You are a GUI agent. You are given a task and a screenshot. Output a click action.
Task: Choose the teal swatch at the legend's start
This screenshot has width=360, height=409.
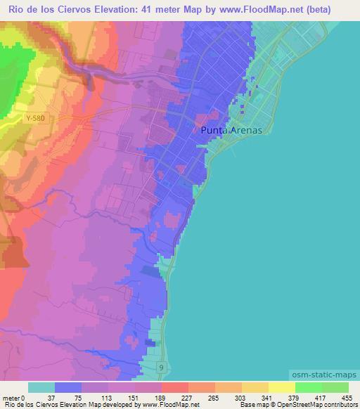pos(41,387)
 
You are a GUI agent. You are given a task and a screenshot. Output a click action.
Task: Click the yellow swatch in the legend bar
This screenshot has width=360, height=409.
pos(281,387)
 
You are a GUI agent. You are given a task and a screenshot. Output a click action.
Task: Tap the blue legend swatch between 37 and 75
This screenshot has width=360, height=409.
pos(68,387)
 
